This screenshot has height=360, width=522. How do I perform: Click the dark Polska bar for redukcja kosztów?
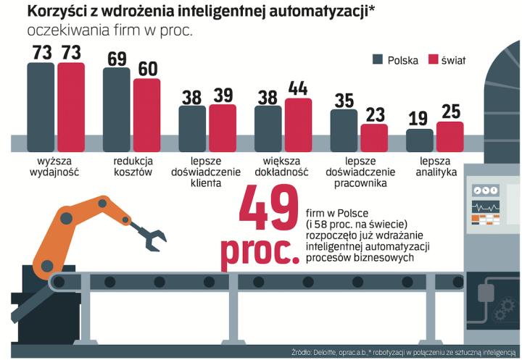(117, 101)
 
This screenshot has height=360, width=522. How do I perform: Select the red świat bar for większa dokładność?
(299, 117)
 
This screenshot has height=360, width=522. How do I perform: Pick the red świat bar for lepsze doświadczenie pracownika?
(374, 138)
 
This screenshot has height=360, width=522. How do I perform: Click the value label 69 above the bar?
(117, 58)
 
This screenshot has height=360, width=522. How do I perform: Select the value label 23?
(374, 114)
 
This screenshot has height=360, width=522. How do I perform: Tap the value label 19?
(420, 119)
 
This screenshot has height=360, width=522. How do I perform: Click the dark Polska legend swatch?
(377, 60)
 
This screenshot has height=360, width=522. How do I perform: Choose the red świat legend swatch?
(434, 60)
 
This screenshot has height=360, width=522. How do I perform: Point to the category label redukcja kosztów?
(132, 166)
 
